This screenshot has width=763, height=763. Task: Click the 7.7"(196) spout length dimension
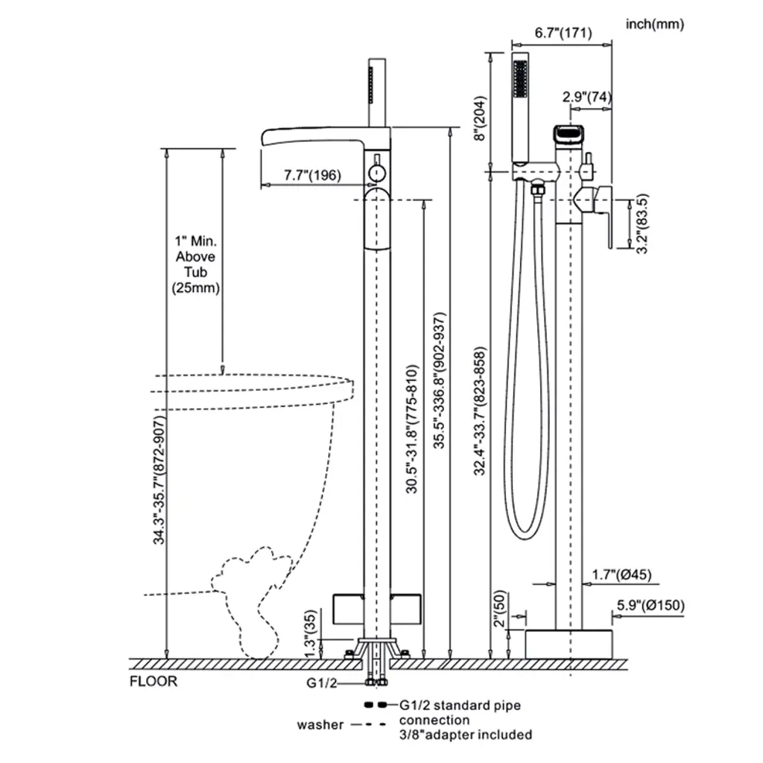tap(313, 176)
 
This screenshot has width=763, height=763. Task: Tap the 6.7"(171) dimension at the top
tap(563, 33)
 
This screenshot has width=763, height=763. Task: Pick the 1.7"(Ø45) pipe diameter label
tap(621, 574)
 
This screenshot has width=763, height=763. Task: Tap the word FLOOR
tap(153, 681)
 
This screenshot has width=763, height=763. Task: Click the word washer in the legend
tap(320, 724)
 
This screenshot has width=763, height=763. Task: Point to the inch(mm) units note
tap(655, 25)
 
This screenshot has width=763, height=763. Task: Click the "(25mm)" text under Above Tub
tap(196, 288)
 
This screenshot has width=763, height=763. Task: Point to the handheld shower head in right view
tap(519, 104)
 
